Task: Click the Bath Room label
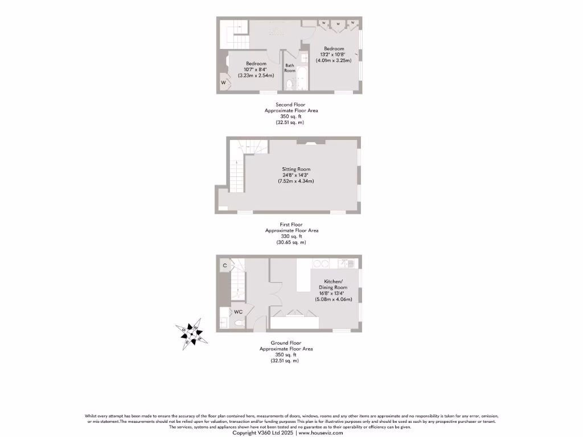(x=290, y=68)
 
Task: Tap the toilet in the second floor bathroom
(x=289, y=85)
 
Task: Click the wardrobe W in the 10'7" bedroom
(x=224, y=83)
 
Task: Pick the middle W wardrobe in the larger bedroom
(x=338, y=24)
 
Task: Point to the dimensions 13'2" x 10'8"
(x=334, y=55)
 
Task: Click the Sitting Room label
(x=296, y=169)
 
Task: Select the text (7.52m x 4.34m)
(x=296, y=181)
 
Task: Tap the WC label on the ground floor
(x=239, y=312)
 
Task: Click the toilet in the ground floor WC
(x=238, y=323)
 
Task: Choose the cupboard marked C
(x=225, y=265)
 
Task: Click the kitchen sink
(x=345, y=263)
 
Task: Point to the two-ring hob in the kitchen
(x=322, y=263)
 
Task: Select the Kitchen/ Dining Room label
(x=333, y=285)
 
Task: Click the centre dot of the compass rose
(x=192, y=334)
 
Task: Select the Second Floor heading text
(x=291, y=105)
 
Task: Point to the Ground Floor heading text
(x=286, y=343)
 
